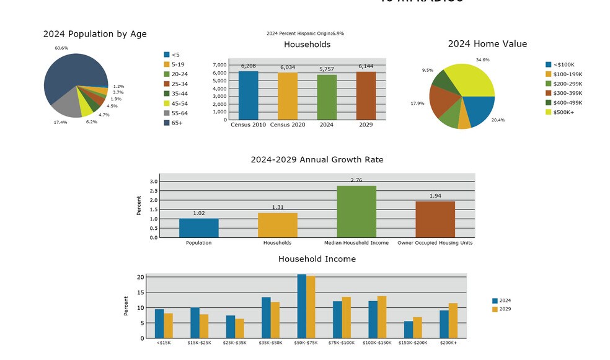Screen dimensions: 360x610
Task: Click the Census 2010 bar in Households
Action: [x=248, y=95]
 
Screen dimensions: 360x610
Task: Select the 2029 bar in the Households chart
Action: [x=366, y=95]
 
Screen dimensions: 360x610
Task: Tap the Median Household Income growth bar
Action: [x=356, y=211]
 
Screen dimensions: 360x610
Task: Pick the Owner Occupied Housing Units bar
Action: [x=435, y=219]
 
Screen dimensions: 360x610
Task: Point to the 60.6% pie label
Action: [x=61, y=48]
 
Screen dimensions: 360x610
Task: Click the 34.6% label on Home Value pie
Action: [x=482, y=59]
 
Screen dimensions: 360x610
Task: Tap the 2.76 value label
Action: [x=356, y=180]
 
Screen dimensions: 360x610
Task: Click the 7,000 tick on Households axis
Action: [x=219, y=65]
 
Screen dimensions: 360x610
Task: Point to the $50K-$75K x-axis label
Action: [x=306, y=342]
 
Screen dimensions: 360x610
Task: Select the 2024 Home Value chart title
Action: [x=487, y=44]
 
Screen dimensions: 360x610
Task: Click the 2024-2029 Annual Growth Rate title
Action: [x=317, y=160]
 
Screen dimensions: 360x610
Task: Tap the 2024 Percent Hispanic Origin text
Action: [x=305, y=33]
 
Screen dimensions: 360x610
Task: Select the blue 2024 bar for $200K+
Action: [x=444, y=324]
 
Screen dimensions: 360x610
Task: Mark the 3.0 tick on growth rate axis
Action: [x=154, y=182]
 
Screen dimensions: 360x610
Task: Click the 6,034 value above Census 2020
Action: [x=287, y=68]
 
